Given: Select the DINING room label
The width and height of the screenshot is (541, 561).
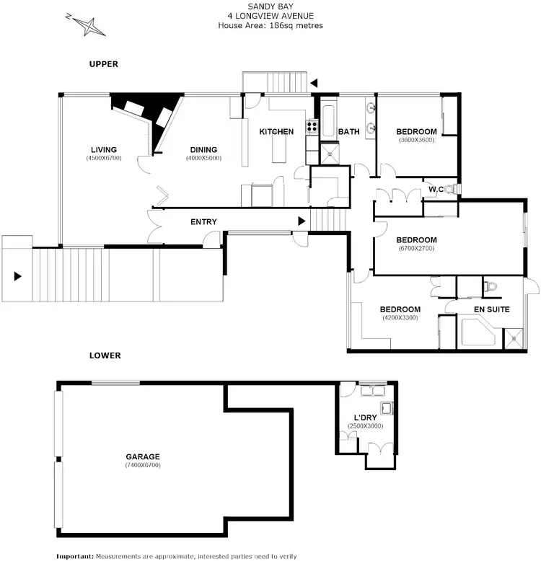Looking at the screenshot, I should [203, 150].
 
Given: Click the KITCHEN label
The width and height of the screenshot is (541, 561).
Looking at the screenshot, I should [276, 131].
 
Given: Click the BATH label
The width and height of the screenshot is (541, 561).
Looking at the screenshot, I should [348, 131].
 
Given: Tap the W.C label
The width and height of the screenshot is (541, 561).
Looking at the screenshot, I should [435, 190].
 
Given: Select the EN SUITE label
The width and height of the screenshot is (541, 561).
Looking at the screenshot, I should [491, 309].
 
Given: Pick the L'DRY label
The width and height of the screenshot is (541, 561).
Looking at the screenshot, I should [364, 418].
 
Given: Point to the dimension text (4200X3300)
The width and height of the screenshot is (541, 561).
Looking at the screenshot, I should [400, 318].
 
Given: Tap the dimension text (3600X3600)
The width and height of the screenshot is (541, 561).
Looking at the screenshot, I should [416, 140].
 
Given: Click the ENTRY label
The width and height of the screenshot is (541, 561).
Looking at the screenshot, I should [203, 221].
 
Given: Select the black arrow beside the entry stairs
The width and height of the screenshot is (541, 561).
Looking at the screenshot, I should [302, 221].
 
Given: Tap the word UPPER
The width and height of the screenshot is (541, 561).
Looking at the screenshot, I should [103, 64].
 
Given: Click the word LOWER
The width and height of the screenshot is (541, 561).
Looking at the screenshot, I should [105, 355].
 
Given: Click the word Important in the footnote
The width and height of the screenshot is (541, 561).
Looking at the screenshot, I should [75, 556].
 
